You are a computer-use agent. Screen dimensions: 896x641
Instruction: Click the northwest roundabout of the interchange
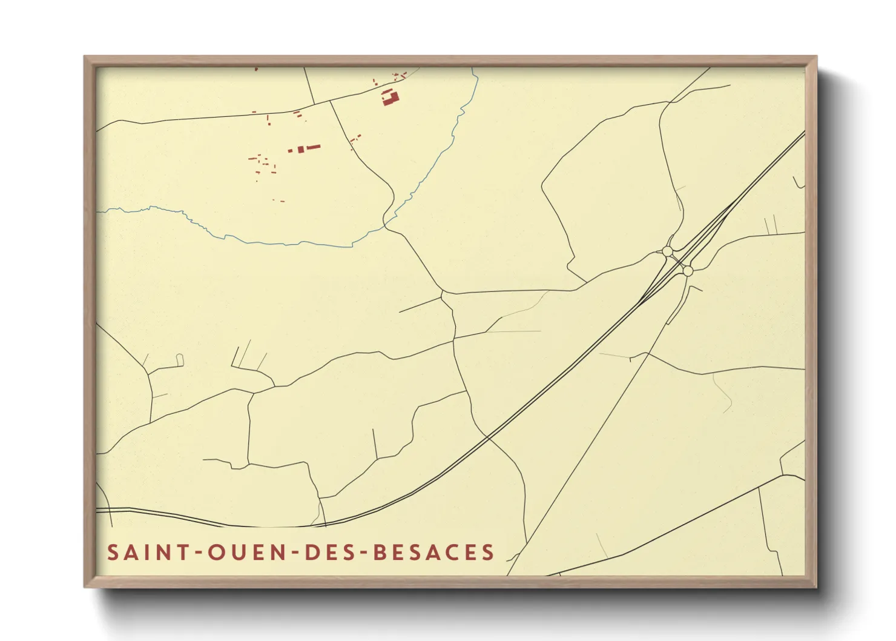point(667,251)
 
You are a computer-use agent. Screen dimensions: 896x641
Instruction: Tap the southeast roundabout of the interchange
point(687,271)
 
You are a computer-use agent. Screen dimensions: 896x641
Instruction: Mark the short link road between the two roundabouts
point(677,261)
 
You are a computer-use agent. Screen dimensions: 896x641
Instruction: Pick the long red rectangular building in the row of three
point(312,147)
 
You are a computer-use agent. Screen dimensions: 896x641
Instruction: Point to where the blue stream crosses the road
point(385,225)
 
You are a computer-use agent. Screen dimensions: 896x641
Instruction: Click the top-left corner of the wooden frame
point(85,57)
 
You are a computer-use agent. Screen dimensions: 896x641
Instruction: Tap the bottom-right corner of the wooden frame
point(816,586)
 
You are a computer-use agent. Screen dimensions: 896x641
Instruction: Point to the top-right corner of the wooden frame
point(816,57)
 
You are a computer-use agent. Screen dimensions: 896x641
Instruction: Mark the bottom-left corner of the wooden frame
point(85,586)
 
